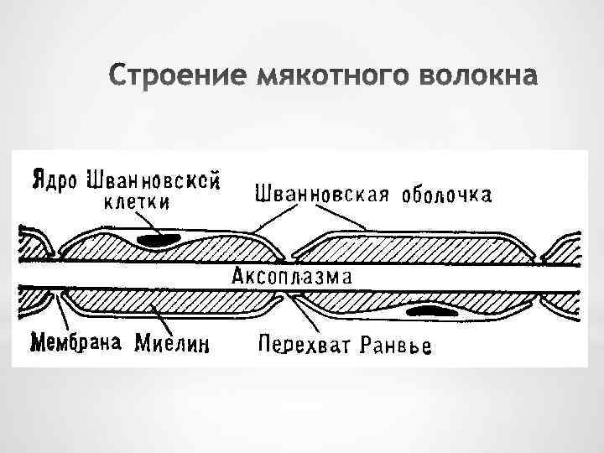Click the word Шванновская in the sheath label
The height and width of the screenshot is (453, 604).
(x=322, y=195)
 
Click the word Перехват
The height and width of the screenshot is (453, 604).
(x=305, y=345)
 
